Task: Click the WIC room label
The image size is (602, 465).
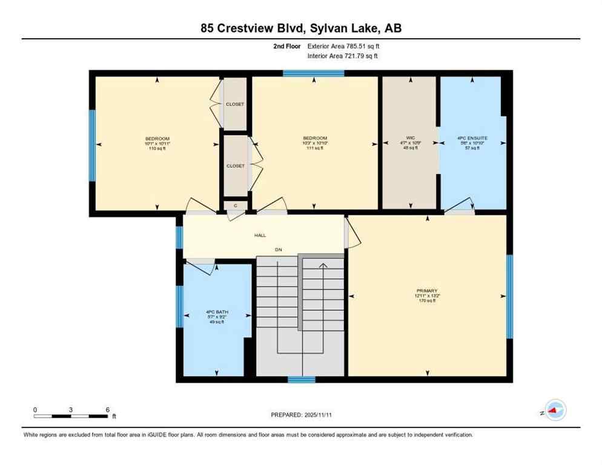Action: pos(410,138)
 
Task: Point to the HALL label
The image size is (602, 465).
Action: pos(259,236)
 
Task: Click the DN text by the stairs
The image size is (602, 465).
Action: pos(279,249)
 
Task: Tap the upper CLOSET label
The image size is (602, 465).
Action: pos(235,104)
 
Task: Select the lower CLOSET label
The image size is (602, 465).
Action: pos(236,166)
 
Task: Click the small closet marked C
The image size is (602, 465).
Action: pos(235,206)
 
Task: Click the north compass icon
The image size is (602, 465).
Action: pos(555,411)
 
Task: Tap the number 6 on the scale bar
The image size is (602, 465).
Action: pos(108,410)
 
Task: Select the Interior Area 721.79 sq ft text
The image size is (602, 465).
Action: pos(343,56)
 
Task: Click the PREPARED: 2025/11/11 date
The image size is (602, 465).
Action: pos(301,415)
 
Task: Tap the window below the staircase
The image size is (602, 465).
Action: pos(301,380)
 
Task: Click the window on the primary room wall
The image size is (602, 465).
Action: pos(509,296)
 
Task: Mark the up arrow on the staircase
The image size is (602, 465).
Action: pos(323,265)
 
